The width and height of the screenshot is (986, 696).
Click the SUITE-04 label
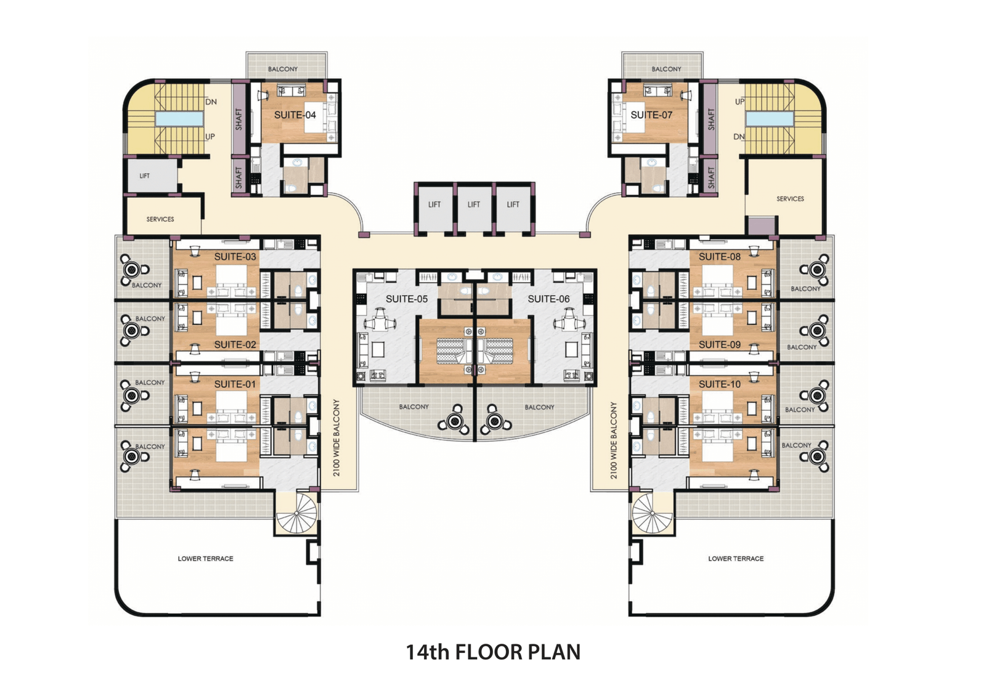pyautogui.click(x=295, y=115)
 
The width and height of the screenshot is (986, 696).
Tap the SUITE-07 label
pyautogui.click(x=651, y=115)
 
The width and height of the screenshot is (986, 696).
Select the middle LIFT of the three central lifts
pyautogui.click(x=474, y=204)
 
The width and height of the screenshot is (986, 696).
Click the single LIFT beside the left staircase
pyautogui.click(x=144, y=176)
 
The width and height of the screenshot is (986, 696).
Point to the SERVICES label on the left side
pyautogui.click(x=160, y=219)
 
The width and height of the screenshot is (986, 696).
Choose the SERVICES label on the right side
pyautogui.click(x=790, y=199)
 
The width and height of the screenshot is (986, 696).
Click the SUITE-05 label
pyautogui.click(x=407, y=299)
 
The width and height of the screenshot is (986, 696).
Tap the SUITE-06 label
pyautogui.click(x=548, y=299)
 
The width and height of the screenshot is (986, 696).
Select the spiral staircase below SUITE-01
pyautogui.click(x=298, y=512)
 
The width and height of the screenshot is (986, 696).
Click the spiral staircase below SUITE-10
pyautogui.click(x=652, y=513)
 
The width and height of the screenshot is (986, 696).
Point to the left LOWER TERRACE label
pyautogui.click(x=206, y=559)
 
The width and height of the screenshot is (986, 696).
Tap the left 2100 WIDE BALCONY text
pyautogui.click(x=336, y=438)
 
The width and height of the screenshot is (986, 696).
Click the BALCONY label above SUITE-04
pyautogui.click(x=283, y=69)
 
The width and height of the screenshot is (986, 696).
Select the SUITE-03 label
pyautogui.click(x=235, y=257)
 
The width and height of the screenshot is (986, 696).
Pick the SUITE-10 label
pyautogui.click(x=720, y=384)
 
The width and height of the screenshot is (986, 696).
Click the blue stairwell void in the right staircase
pyautogui.click(x=770, y=119)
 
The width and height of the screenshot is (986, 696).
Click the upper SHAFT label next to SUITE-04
pyautogui.click(x=238, y=119)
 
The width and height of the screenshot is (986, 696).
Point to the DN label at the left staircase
pyautogui.click(x=211, y=102)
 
